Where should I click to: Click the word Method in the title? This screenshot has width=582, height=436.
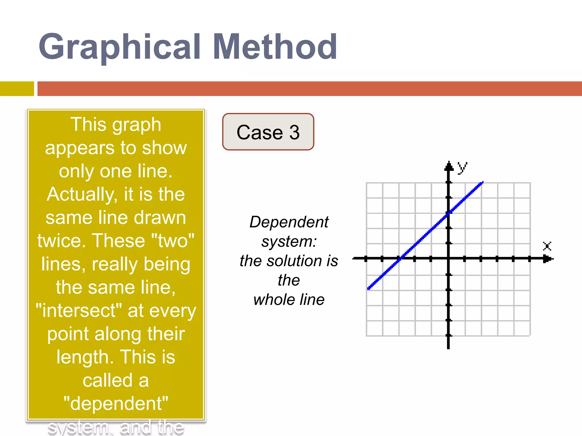tap(275, 47)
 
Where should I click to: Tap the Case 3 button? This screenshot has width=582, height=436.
tap(268, 132)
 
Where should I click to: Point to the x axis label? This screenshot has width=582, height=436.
tap(547, 246)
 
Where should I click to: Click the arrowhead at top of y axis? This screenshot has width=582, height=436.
tap(449, 166)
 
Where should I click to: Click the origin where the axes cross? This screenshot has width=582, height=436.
tap(448, 259)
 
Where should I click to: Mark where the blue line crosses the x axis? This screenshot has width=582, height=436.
tap(400, 258)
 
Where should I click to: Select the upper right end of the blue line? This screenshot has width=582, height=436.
tap(482, 183)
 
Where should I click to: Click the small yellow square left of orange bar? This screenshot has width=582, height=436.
tap(17, 89)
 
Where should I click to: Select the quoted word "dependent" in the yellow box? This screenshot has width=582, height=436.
tap(116, 403)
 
